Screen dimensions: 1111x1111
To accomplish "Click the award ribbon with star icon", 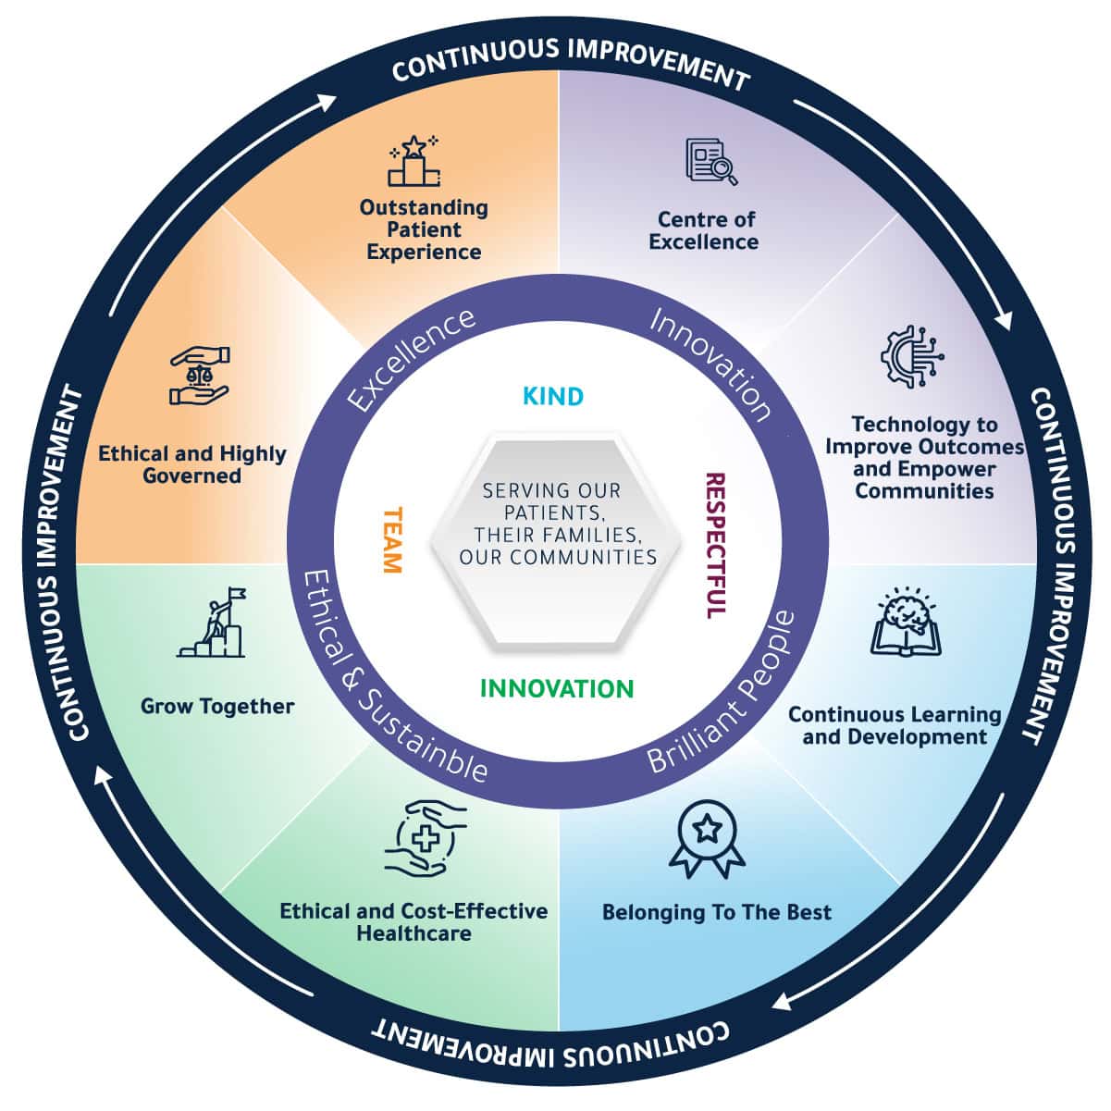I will pos(708,838).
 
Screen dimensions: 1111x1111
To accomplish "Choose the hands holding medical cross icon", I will pos(425,838).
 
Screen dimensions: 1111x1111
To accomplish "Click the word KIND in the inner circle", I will pos(553,397).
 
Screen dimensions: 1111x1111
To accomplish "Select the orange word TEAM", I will pos(392,540).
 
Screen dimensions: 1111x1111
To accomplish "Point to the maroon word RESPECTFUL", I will pos(715,546).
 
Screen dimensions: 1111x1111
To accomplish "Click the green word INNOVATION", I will pos(557,688).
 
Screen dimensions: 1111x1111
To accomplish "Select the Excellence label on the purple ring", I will pos(413,359).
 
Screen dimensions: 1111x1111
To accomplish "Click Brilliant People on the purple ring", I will pos(722,693).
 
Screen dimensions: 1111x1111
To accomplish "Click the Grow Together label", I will pos(217,707).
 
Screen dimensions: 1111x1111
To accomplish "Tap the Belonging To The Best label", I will pos(716,913).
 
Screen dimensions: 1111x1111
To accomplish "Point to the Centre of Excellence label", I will pos(704,231).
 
